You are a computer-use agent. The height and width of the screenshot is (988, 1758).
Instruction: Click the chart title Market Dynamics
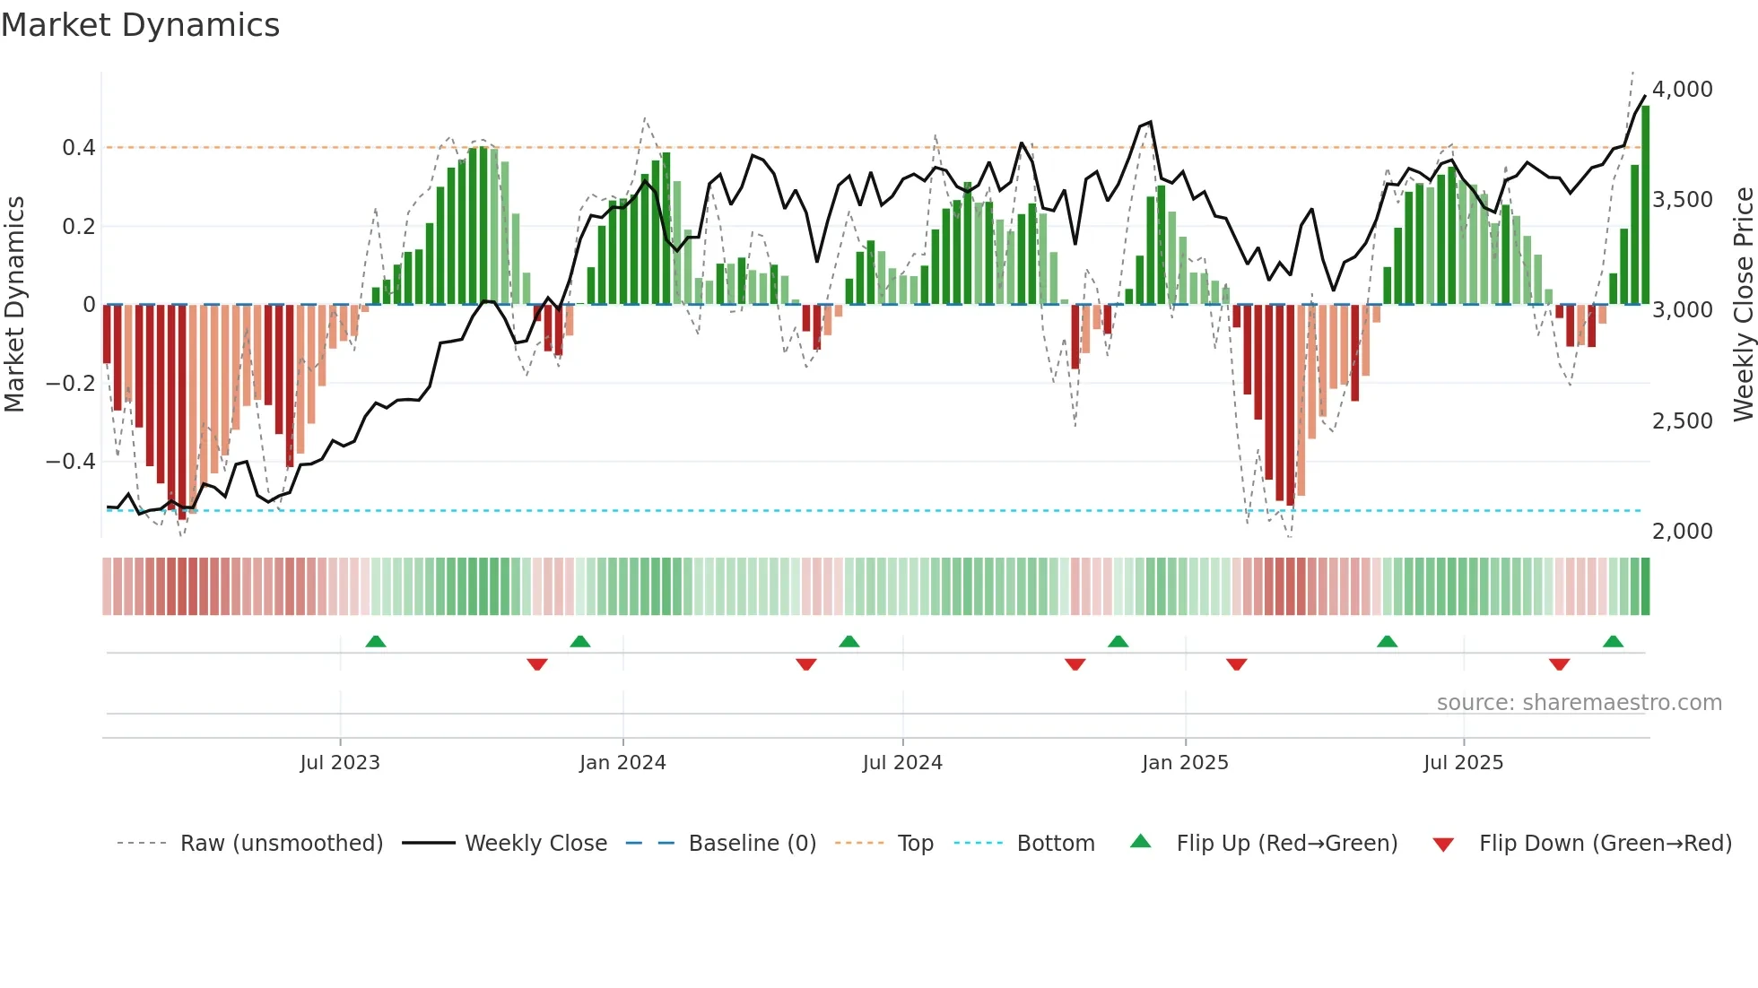(x=140, y=25)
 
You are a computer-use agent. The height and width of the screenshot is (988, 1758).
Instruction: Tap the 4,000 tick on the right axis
(x=1682, y=90)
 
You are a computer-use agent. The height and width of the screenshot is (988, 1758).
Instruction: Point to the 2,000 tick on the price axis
(x=1682, y=532)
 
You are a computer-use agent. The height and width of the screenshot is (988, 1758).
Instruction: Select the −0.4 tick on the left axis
(x=70, y=462)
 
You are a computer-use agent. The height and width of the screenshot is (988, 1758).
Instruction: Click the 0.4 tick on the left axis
(x=78, y=148)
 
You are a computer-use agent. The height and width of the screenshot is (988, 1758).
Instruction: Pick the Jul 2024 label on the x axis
(x=902, y=763)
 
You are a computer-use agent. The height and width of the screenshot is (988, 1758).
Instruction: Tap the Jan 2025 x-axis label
(x=1185, y=763)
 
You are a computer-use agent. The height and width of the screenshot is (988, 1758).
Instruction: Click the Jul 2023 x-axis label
(x=340, y=763)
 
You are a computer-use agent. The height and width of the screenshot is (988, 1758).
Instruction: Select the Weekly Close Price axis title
(x=1743, y=305)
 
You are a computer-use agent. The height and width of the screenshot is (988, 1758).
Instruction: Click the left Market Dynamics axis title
(x=14, y=305)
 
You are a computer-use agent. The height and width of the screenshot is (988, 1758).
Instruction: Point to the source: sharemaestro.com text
(x=1579, y=703)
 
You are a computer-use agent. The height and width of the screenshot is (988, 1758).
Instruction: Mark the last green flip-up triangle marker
(x=1613, y=642)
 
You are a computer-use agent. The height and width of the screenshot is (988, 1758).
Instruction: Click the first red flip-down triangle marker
(x=537, y=664)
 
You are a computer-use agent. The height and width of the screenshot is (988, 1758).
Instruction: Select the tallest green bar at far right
(x=1645, y=206)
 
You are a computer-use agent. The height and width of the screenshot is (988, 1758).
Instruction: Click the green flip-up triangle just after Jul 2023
(x=376, y=642)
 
